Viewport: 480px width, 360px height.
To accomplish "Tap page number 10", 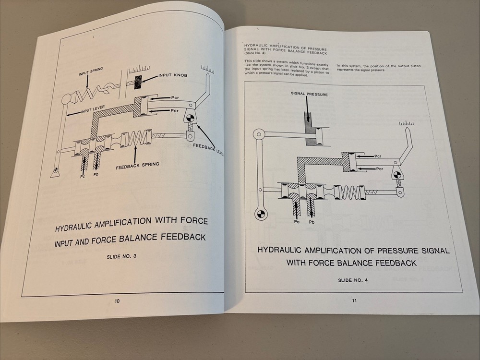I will pos(117,301).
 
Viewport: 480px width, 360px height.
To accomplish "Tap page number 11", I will pos(354,301).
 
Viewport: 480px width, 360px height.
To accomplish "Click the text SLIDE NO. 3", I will pos(121,256).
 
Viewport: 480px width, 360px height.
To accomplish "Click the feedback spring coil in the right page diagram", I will pos(353,193).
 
